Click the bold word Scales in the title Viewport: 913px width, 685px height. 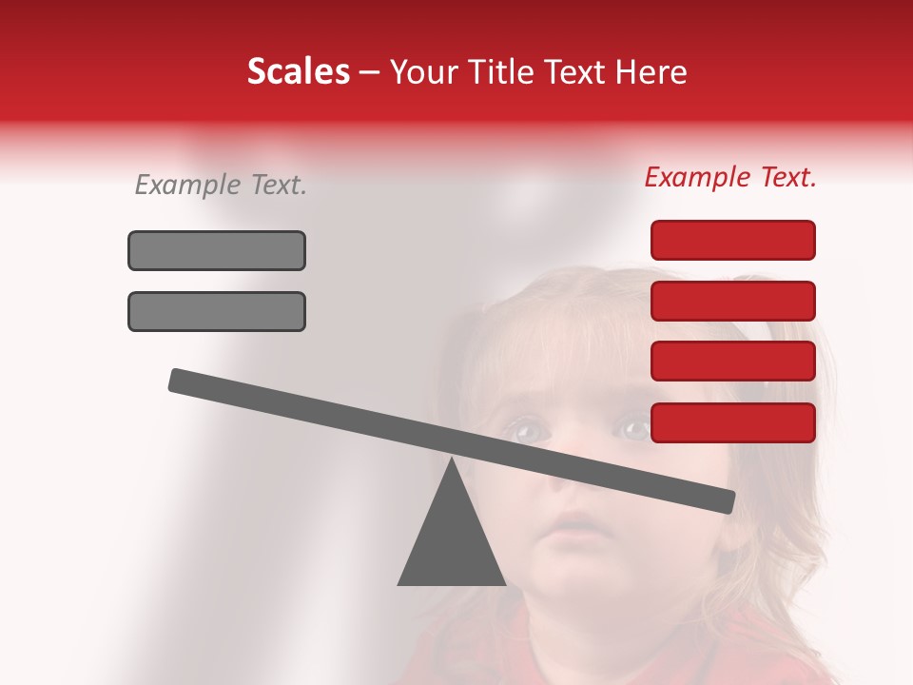pyautogui.click(x=298, y=71)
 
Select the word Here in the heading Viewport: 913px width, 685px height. pyautogui.click(x=651, y=71)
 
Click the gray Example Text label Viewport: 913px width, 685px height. pyautogui.click(x=221, y=185)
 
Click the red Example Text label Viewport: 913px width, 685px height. pyautogui.click(x=730, y=177)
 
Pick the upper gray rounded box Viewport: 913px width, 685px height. pyautogui.click(x=217, y=250)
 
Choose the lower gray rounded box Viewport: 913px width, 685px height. pyautogui.click(x=217, y=311)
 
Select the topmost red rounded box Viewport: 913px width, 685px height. pyautogui.click(x=733, y=240)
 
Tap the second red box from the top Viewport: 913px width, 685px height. pyautogui.click(x=733, y=301)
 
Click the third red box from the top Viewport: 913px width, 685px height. pyautogui.click(x=733, y=362)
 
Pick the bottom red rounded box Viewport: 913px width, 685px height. pyautogui.click(x=733, y=422)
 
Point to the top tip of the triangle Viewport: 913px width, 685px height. pyautogui.click(x=452, y=460)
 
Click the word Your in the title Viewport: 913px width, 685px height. pyautogui.click(x=424, y=72)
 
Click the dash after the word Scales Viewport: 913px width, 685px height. pyautogui.click(x=370, y=72)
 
